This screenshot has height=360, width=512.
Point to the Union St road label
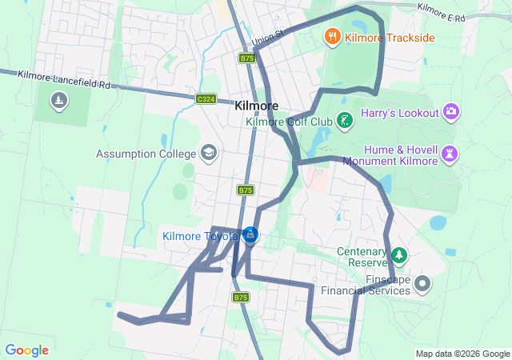tap(267, 37)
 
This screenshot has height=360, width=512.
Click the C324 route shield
tap(206, 98)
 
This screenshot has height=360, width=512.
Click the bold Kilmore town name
tap(257, 106)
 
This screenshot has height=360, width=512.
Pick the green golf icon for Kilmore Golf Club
tap(345, 122)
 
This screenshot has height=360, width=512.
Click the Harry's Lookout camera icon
tap(451, 111)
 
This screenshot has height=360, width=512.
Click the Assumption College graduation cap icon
tap(209, 153)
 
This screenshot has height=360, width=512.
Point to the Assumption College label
tap(146, 153)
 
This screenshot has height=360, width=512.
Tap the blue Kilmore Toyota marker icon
tap(250, 235)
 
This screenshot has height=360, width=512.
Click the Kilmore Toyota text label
tap(200, 236)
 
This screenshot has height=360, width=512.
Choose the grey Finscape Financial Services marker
tap(423, 282)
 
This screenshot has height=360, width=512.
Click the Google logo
tap(26, 350)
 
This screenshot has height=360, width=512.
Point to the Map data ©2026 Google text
tap(462, 354)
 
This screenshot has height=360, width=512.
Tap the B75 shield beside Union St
tap(246, 58)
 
